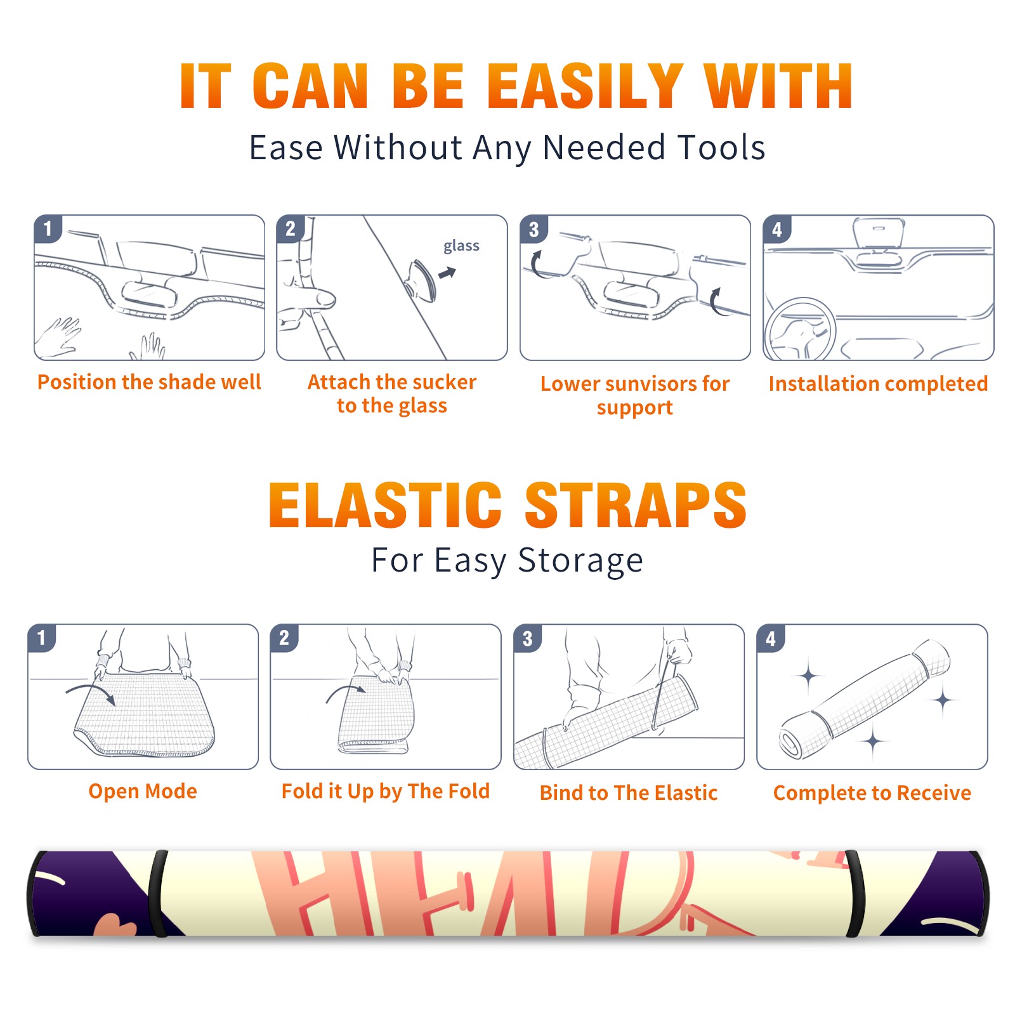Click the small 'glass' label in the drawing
coord(461,246)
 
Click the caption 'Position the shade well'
coord(149,382)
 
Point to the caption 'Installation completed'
coord(878,383)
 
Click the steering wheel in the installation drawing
coord(801,330)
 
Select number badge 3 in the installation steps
coord(534,229)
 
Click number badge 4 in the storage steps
coord(771,638)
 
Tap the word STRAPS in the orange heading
coord(636,505)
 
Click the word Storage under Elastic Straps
coord(580,561)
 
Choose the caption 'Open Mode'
coord(143,791)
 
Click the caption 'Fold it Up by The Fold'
coord(386,791)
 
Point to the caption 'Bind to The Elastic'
coord(629,793)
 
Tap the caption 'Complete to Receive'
coord(872,793)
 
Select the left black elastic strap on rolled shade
coord(158,894)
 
